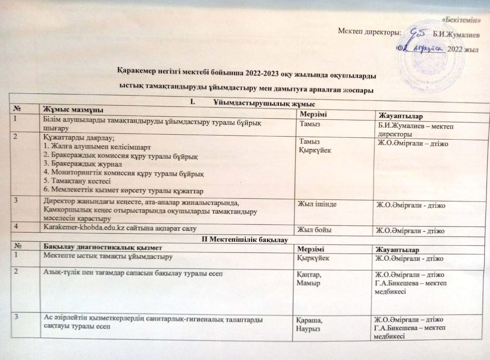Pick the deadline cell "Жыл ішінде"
click(315, 204)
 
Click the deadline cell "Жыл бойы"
click(312, 229)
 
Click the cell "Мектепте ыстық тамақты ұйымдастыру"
click(107, 256)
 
